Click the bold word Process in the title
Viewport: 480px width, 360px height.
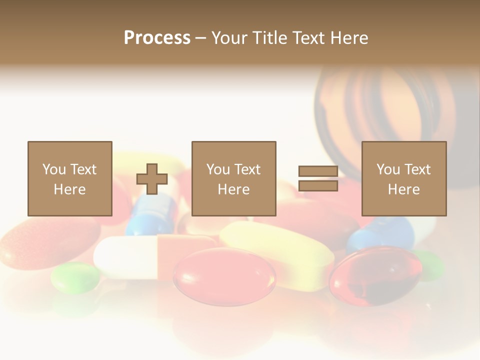click(x=157, y=37)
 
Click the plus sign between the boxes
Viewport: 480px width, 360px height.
click(x=152, y=179)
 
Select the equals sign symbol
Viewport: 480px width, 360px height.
click(x=318, y=178)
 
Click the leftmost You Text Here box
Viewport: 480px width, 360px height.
click(x=69, y=179)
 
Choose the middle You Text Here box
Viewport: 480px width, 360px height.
click(x=233, y=179)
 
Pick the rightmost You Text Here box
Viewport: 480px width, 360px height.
click(x=403, y=179)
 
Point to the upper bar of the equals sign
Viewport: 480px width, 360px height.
click(x=318, y=171)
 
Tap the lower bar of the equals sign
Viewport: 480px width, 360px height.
click(x=318, y=186)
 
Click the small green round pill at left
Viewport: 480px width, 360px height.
click(x=75, y=277)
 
